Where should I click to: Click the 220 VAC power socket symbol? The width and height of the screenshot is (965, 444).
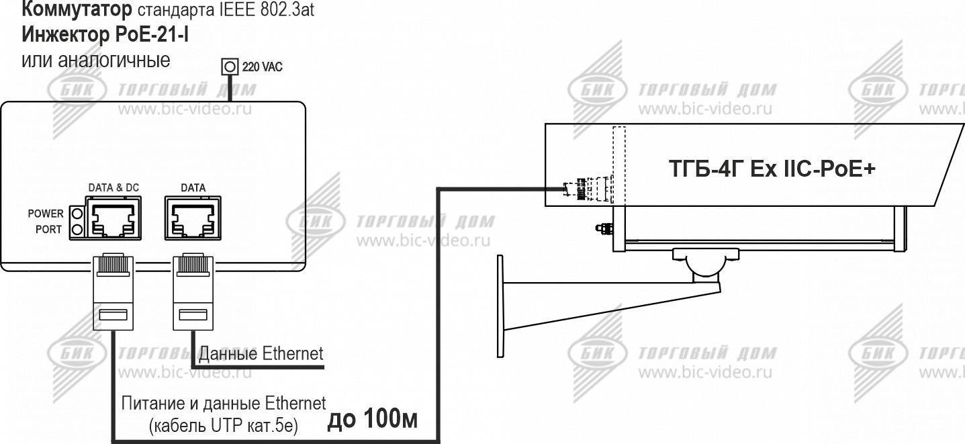point(230,66)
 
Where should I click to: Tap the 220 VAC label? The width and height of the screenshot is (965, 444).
point(263,67)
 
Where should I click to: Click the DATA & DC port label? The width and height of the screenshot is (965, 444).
point(113,188)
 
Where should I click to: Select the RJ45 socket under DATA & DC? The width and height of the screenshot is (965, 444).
point(113,218)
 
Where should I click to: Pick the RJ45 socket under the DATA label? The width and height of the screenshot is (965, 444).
point(193,218)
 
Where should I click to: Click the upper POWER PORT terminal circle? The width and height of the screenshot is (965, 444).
point(77,214)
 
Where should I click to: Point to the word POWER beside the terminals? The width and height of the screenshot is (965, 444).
point(46,214)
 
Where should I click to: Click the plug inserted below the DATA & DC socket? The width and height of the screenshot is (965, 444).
point(113,292)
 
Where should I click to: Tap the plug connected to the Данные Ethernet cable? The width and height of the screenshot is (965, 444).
point(193,292)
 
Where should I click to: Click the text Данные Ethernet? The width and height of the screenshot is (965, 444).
point(261,354)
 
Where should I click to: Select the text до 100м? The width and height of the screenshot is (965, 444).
point(373,418)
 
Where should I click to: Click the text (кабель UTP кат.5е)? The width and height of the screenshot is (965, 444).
point(224,426)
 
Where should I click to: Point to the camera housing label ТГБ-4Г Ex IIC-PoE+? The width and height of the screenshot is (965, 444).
point(772,169)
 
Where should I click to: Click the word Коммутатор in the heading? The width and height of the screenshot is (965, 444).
point(77,9)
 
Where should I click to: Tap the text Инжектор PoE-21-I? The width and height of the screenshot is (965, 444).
point(105,34)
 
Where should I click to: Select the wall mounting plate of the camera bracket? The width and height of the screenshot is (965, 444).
point(500,306)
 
